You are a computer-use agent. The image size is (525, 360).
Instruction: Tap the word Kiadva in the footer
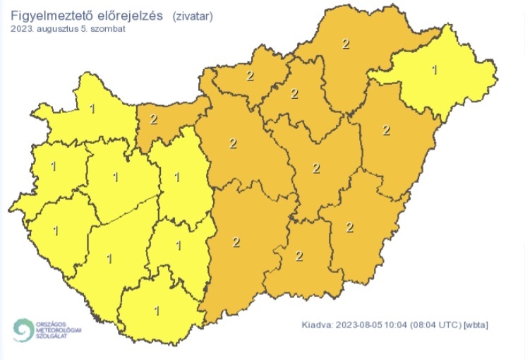(316, 325)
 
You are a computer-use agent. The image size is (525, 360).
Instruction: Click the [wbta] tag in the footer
(476, 325)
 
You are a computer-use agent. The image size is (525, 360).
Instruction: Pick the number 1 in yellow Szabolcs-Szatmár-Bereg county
(434, 69)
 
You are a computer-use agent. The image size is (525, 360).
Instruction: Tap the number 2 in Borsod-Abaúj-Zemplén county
(345, 44)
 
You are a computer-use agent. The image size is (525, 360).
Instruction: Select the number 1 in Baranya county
(157, 310)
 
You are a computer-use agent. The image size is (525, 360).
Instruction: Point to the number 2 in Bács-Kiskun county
(236, 242)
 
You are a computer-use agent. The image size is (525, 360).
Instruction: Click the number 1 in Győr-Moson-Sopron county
(92, 109)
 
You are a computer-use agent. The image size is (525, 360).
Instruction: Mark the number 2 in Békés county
(350, 227)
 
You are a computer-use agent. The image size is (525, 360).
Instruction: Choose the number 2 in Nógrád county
(250, 76)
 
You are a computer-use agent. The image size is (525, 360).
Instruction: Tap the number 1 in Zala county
(55, 231)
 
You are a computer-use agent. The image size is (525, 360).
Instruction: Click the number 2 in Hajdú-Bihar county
(385, 130)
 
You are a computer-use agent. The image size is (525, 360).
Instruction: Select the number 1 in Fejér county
(176, 177)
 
